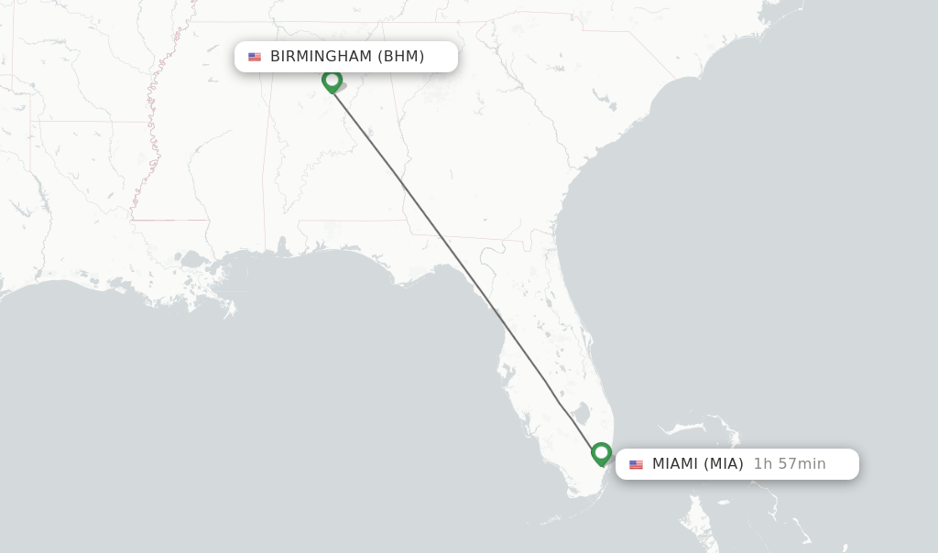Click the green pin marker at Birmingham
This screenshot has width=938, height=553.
click(332, 81)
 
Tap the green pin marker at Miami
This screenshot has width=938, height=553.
click(601, 452)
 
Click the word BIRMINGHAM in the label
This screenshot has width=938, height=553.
click(321, 57)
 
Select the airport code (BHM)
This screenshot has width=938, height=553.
click(401, 57)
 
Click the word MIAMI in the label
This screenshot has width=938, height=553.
click(675, 464)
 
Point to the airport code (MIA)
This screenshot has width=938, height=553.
click(724, 464)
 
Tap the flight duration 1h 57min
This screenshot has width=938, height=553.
click(790, 464)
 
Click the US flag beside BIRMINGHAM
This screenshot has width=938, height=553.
click(255, 57)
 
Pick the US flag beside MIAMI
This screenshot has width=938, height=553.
click(636, 464)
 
